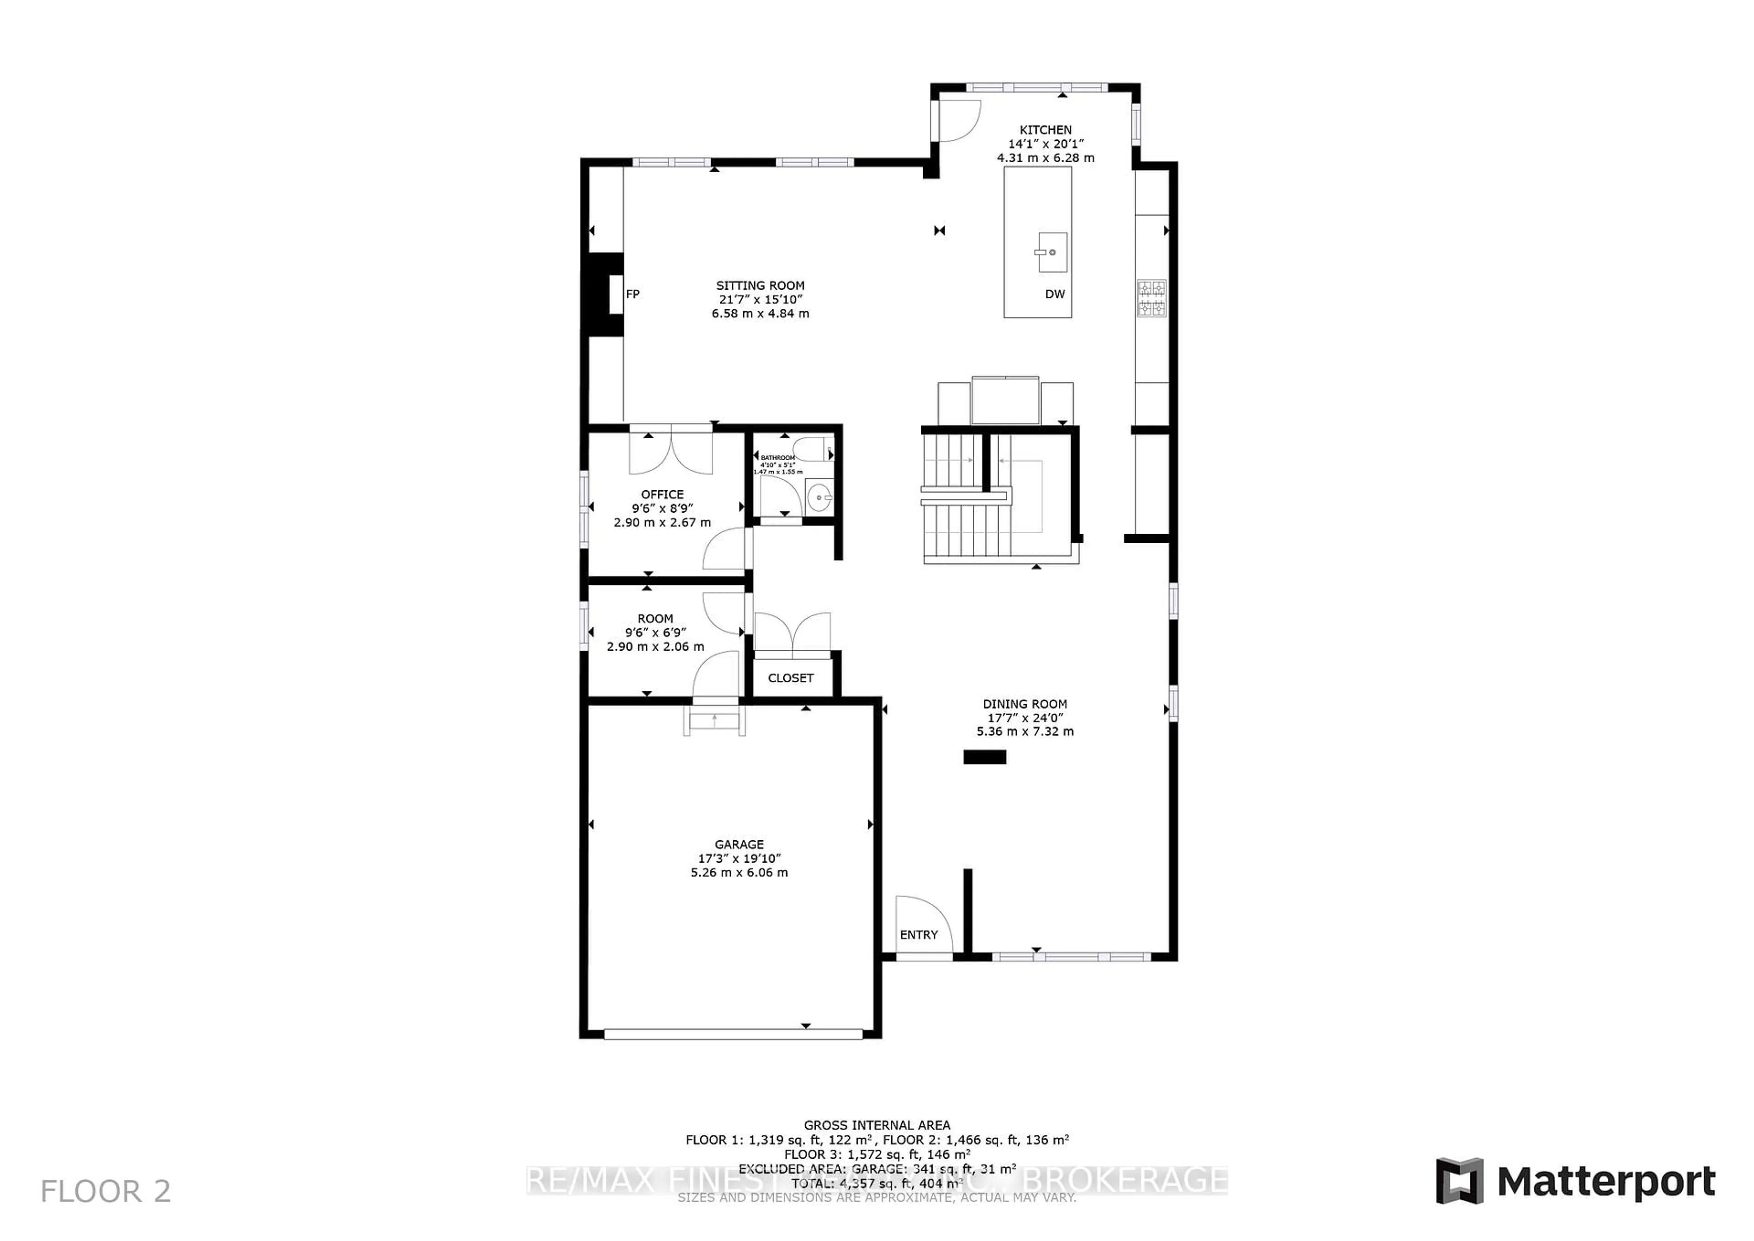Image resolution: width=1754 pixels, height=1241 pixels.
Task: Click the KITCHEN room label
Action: click(1045, 130)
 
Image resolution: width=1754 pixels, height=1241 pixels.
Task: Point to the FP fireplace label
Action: click(633, 294)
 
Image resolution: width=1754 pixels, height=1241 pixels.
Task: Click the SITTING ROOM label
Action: click(760, 286)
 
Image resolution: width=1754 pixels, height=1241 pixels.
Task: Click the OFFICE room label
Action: click(662, 494)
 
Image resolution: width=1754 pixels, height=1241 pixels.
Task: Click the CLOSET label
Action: click(791, 678)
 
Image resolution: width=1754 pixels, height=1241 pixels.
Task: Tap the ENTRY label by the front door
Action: click(918, 934)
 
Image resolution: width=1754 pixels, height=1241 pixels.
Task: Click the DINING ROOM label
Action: click(1025, 704)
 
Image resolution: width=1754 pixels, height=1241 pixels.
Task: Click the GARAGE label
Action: click(739, 844)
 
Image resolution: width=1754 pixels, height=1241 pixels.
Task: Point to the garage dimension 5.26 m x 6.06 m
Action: click(739, 873)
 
